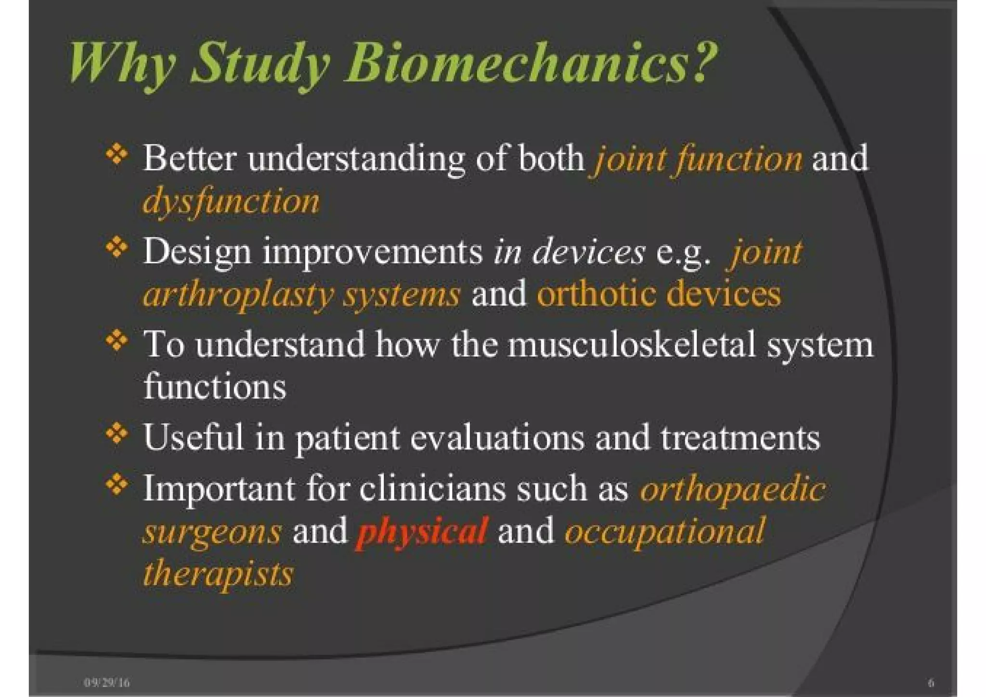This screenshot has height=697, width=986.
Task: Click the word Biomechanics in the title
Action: point(530,63)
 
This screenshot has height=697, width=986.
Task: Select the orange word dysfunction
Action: point(231,201)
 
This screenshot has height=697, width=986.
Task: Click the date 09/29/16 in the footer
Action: point(107,683)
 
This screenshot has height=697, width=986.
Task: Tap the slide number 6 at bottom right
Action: point(931,683)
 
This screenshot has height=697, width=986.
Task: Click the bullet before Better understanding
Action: point(117,155)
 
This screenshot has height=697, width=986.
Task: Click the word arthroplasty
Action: point(238,295)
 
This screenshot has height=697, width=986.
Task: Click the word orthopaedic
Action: point(732,489)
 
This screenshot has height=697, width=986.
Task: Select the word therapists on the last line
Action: point(218,573)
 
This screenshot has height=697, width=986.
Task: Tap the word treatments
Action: point(740,437)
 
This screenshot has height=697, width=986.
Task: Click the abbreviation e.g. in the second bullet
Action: point(683,252)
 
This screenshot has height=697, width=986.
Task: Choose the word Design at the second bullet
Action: point(197,252)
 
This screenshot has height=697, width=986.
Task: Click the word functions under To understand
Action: point(215,386)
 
